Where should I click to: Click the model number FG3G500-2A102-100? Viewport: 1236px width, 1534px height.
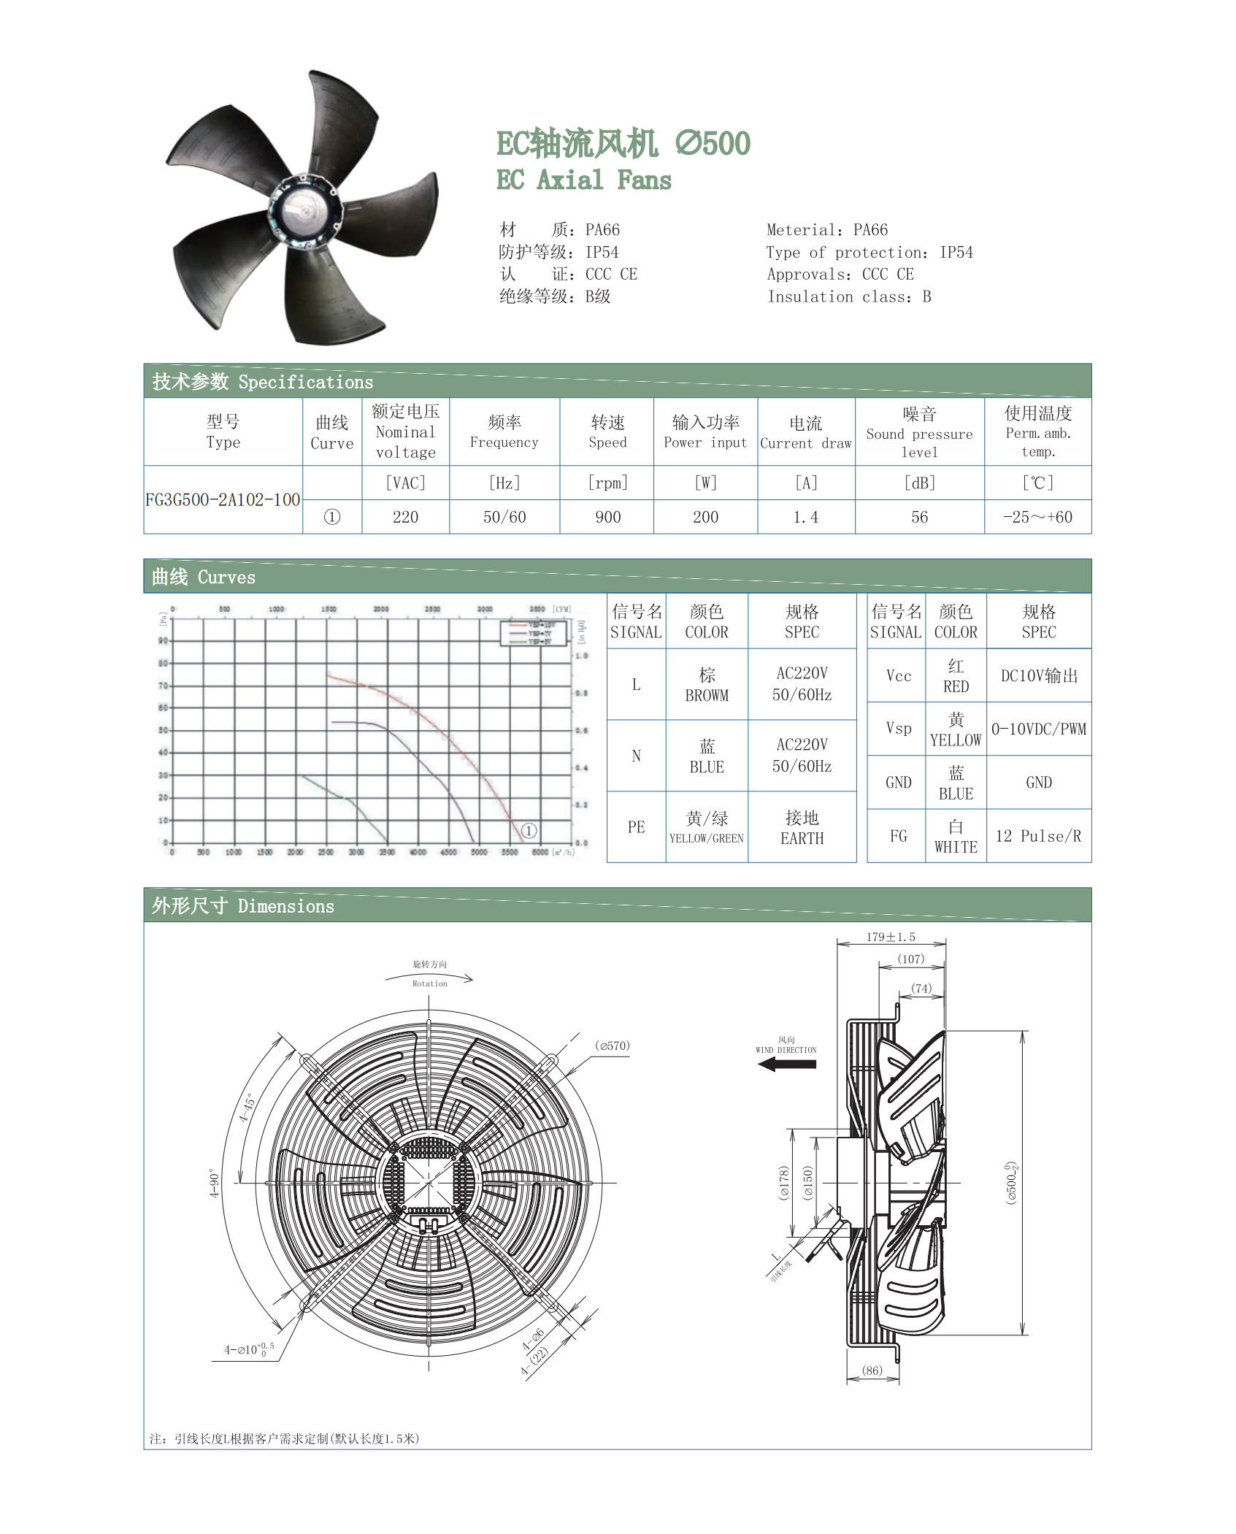223,500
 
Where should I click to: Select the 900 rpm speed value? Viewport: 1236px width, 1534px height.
607,517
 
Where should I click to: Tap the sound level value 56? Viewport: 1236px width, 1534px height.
919,517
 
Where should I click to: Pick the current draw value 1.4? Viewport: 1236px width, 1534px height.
805,517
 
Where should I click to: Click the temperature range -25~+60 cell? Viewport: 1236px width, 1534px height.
1037,517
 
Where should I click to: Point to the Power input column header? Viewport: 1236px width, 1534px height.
705,432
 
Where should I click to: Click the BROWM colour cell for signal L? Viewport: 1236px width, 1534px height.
707,685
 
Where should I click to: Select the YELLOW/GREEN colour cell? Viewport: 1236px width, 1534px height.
707,827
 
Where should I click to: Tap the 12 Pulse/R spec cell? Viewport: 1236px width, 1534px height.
1038,836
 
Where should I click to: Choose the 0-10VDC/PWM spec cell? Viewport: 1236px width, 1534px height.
1038,729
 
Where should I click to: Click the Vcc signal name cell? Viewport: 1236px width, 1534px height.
898,676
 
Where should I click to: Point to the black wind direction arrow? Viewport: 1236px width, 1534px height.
787,1065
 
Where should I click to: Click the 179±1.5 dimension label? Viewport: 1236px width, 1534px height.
891,937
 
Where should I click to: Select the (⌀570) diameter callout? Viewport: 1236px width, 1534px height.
613,1046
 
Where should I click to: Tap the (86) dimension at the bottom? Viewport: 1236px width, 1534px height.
872,1370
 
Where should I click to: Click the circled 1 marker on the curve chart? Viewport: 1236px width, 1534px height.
529,831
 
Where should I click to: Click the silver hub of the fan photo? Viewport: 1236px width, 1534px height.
302,209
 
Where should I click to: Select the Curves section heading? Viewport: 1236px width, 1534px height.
204,577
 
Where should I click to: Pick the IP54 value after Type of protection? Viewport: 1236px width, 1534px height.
956,253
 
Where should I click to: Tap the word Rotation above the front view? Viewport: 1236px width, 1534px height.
429,983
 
